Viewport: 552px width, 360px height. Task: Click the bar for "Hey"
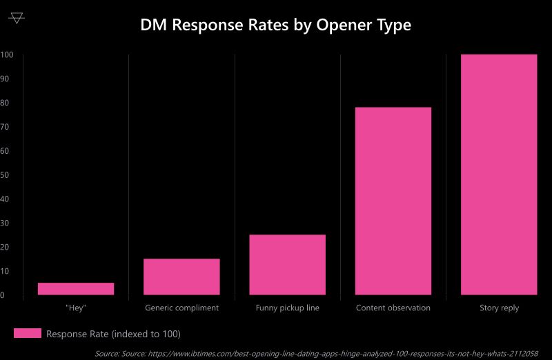click(76, 289)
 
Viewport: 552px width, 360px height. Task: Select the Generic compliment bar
click(181, 277)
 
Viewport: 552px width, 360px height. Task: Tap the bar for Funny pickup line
click(287, 265)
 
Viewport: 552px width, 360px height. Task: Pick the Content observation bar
click(393, 201)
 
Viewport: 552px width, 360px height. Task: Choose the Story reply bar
click(499, 174)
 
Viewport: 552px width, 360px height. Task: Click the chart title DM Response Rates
click(275, 26)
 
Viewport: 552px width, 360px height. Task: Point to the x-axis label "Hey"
click(76, 308)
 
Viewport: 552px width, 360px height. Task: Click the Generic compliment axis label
click(181, 308)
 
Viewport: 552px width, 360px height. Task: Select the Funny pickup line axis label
click(287, 308)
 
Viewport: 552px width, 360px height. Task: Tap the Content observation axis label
click(393, 308)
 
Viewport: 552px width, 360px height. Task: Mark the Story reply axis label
click(499, 308)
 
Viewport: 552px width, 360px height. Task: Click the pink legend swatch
click(28, 334)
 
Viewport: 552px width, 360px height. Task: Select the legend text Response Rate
click(113, 334)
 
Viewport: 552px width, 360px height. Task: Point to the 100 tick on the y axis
click(7, 55)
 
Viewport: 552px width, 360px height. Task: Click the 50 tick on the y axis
click(6, 175)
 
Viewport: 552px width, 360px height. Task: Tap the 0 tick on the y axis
click(3, 295)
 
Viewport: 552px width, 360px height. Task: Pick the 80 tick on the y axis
click(6, 103)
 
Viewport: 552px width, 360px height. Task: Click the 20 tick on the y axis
click(6, 247)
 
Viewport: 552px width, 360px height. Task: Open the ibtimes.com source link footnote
click(317, 353)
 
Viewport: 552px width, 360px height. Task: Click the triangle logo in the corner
click(17, 18)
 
